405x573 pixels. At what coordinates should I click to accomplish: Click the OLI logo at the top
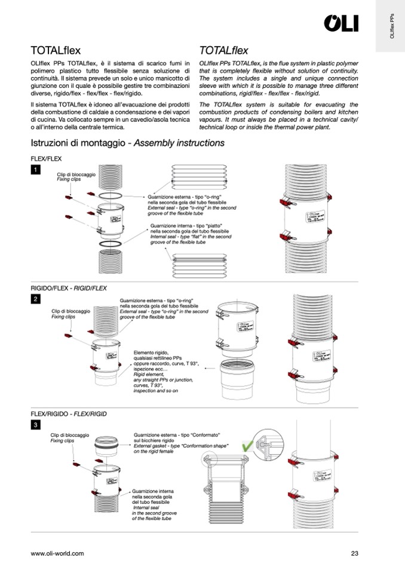point(341,23)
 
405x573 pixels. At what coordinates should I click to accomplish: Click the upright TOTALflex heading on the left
point(56,51)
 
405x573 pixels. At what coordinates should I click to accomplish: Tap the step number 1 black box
point(36,170)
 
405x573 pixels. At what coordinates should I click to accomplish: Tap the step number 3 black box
point(36,425)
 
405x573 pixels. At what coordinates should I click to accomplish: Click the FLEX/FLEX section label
point(46,160)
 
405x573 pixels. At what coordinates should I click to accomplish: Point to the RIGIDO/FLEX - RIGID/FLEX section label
point(69,288)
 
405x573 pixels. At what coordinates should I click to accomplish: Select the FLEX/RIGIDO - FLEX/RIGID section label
point(69,414)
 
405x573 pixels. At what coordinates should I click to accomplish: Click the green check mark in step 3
point(247,446)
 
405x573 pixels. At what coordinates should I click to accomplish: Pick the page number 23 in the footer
point(354,553)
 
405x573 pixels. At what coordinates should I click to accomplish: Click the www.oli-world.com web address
point(57,553)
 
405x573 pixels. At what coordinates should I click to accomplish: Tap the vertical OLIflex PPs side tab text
point(391,27)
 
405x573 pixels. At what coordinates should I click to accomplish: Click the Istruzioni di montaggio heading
point(127,143)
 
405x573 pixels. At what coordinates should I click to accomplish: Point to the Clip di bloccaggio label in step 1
point(76,176)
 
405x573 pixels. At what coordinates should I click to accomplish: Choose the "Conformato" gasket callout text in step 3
point(177,443)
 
